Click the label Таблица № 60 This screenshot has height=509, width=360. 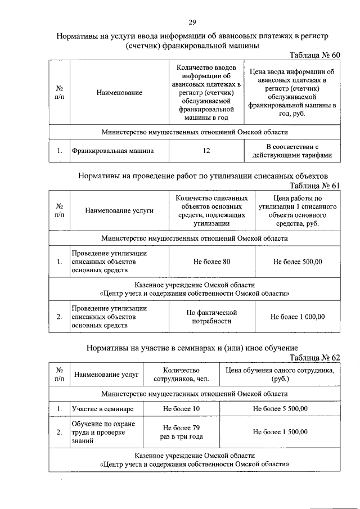coord(315,56)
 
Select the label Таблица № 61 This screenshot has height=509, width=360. coord(315,186)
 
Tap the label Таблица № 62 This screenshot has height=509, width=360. coord(315,358)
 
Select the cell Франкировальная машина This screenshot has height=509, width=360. coord(104,151)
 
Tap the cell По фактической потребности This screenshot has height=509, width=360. coord(211,316)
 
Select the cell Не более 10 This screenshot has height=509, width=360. coord(181,408)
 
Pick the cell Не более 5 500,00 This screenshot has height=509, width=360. coord(280,408)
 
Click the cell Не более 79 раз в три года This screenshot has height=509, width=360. coord(181,432)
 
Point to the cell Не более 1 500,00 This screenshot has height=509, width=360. coord(280,432)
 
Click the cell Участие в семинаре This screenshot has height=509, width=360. coord(102,408)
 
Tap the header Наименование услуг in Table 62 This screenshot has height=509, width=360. coord(106,374)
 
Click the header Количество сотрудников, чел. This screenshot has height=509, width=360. coord(181,375)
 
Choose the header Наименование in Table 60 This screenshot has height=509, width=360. coord(119,92)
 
